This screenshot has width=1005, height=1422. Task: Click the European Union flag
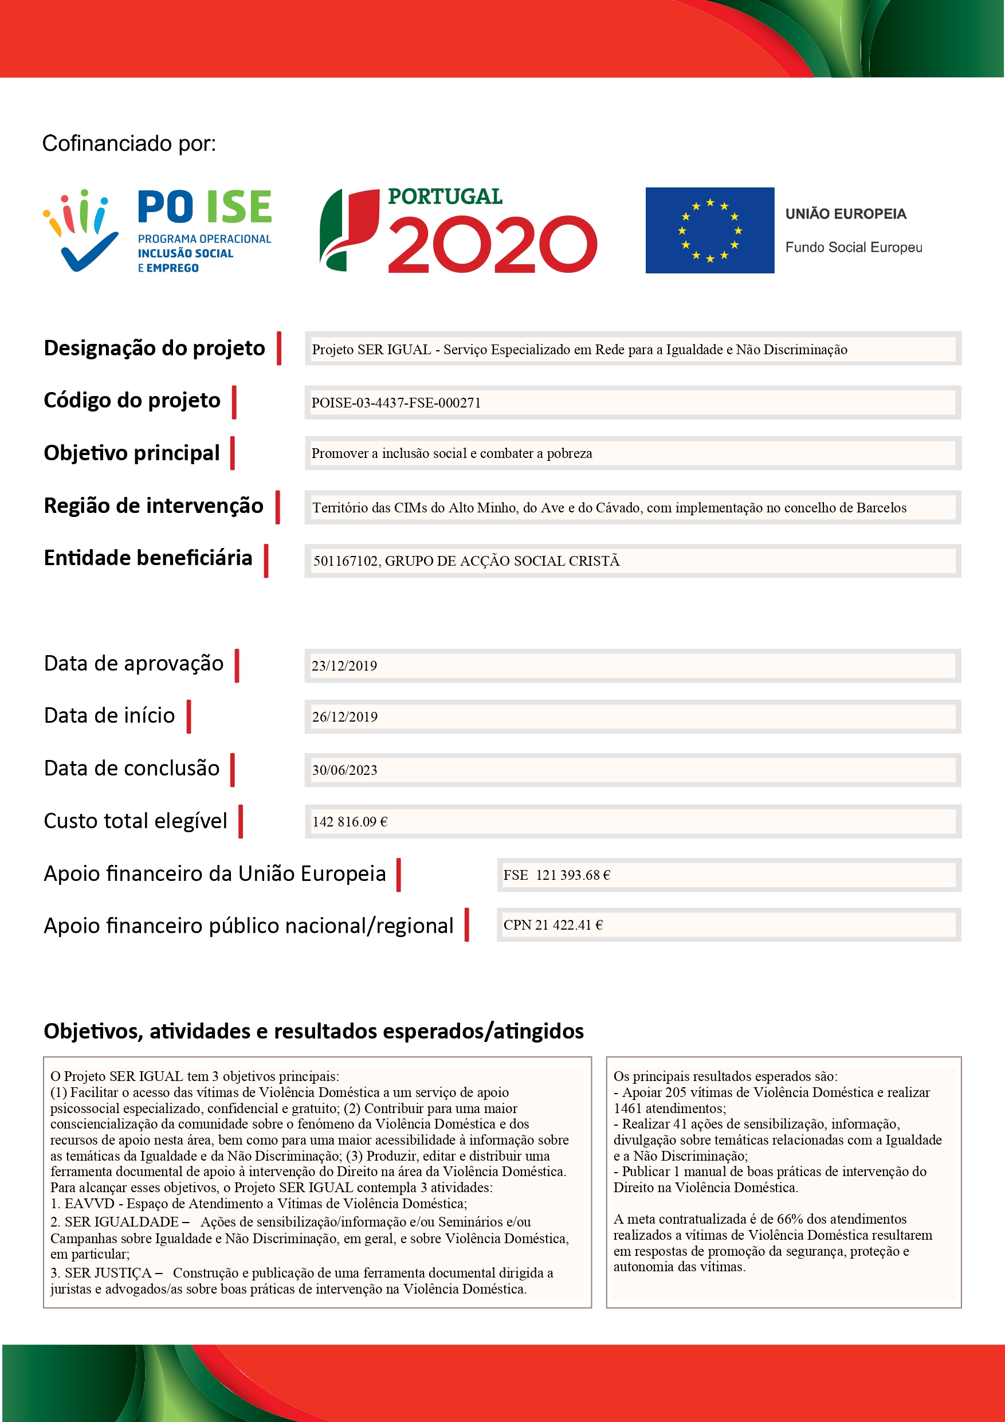[x=709, y=230]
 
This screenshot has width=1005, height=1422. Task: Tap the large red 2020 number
[x=492, y=245]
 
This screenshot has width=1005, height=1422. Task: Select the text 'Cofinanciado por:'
[x=129, y=143]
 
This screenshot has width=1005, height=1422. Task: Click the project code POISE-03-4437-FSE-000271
[x=396, y=402]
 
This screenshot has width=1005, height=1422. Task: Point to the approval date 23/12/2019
[x=344, y=666]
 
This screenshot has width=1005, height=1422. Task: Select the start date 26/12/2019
[x=344, y=716]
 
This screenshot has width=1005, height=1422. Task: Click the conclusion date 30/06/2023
[x=344, y=770]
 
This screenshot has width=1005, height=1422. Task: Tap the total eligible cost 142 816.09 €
[x=350, y=822]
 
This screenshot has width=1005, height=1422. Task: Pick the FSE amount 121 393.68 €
[x=573, y=875]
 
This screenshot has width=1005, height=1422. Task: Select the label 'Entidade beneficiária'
[x=148, y=558]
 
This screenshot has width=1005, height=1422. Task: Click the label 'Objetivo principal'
[x=131, y=453]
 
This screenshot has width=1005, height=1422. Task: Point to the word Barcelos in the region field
[x=881, y=508]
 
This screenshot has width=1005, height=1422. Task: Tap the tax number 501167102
[x=346, y=561]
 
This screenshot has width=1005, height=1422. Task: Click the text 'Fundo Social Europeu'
[x=853, y=247]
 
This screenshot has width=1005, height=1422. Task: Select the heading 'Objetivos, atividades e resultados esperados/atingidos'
[x=313, y=1031]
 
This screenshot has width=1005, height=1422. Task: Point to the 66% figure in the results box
[x=790, y=1220]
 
